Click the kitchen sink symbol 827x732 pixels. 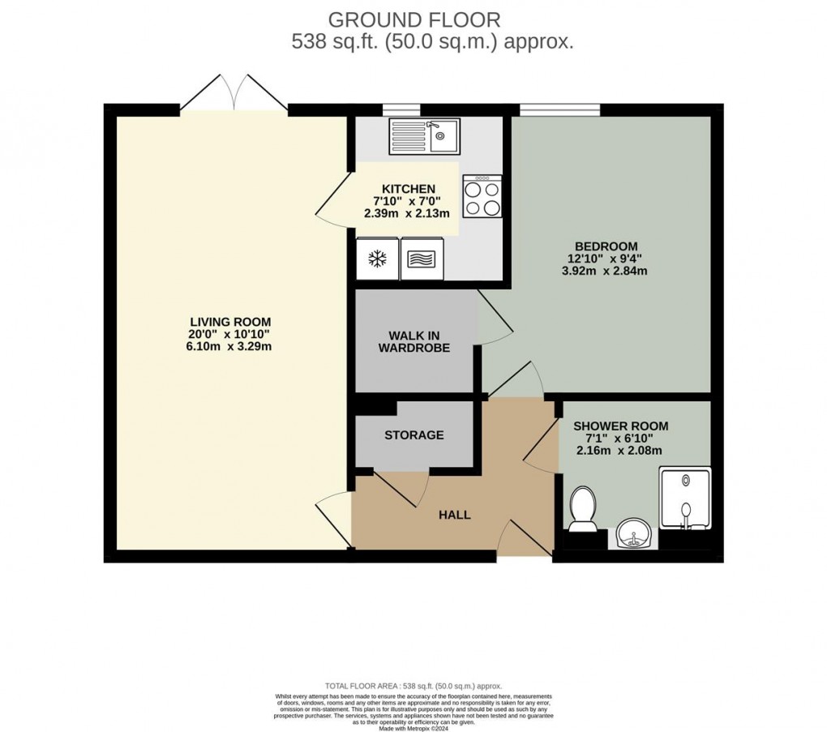pyautogui.click(x=424, y=135)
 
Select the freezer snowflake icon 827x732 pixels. pyautogui.click(x=377, y=259)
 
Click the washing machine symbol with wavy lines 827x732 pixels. pyautogui.click(x=422, y=259)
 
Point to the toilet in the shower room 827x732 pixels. pyautogui.click(x=581, y=509)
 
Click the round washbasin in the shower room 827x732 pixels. pyautogui.click(x=632, y=534)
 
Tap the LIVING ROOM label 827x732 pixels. pyautogui.click(x=231, y=321)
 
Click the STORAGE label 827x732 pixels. pyautogui.click(x=413, y=434)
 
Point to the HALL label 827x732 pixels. pyautogui.click(x=454, y=515)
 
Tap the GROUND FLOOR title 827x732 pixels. pyautogui.click(x=413, y=19)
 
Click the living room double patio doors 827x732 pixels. pyautogui.click(x=234, y=93)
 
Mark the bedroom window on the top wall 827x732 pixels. pyautogui.click(x=559, y=109)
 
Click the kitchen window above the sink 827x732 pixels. pyautogui.click(x=401, y=109)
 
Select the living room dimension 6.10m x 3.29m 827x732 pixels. pyautogui.click(x=231, y=346)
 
